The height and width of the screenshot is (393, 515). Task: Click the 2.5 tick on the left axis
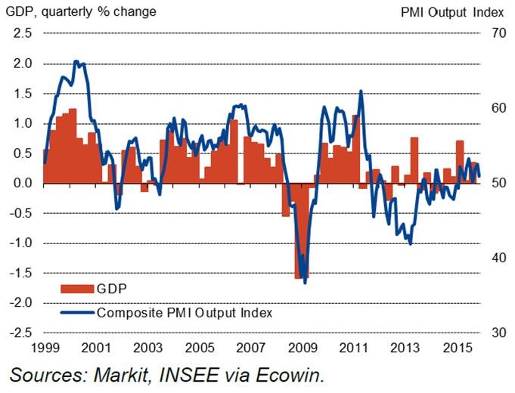[x=23, y=33]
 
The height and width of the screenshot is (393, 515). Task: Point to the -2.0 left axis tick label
[x=20, y=302]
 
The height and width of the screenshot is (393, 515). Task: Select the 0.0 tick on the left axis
[x=23, y=183]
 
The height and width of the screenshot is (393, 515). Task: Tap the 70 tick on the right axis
[x=497, y=33]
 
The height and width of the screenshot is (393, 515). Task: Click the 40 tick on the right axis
[x=497, y=258]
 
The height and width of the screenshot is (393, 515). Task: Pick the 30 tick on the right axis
[x=497, y=333]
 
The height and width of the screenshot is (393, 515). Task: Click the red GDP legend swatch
[x=76, y=288]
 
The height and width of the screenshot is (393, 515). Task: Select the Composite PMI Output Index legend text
[x=184, y=311]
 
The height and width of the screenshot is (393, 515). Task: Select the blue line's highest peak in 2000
[x=76, y=61]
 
